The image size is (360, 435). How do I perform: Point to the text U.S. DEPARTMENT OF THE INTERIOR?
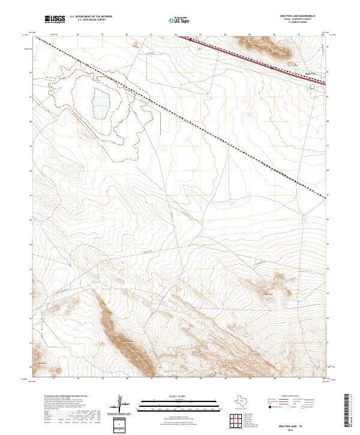tap(91, 17)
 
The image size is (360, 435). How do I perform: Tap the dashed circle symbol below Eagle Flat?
tap(312, 87)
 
